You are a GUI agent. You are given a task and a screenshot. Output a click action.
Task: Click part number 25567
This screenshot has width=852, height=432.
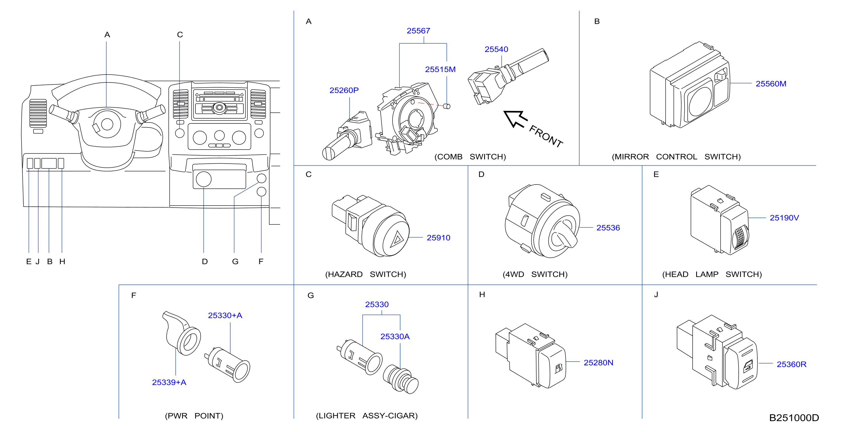pos(418,31)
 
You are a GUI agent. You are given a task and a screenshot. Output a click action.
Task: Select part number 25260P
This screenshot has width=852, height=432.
pos(344,90)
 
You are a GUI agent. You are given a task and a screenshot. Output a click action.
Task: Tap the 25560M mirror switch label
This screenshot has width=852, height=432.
pos(771,84)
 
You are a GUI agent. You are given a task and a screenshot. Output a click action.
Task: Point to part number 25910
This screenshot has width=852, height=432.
pos(438,238)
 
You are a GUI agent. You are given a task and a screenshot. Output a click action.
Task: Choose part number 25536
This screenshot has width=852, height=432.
pos(608,228)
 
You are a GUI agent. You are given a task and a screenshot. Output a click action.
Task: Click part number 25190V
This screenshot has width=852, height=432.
pos(784,218)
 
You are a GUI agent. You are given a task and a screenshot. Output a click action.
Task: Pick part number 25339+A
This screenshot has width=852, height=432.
pos(169,382)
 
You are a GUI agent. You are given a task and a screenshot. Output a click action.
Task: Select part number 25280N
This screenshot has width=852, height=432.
pos(598,363)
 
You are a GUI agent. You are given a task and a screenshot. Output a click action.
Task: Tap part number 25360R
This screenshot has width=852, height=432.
pos(792,364)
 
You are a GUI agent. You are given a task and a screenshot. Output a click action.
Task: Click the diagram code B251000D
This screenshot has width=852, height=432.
pos(794,418)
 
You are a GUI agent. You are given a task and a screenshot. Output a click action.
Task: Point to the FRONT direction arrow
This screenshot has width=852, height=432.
pos(515,119)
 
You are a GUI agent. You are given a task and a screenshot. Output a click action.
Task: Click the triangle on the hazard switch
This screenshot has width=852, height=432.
pos(397,239)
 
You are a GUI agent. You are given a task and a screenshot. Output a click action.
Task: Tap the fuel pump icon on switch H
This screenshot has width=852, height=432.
pos(559,368)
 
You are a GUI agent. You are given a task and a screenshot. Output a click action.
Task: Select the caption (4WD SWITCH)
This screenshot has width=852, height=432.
pos(535,275)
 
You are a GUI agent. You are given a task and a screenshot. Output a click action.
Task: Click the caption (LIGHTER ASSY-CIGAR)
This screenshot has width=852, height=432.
pos(367,416)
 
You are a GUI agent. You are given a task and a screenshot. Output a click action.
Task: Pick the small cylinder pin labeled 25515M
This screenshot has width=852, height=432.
pos(447,106)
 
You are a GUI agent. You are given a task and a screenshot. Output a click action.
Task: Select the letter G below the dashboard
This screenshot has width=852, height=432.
pos(235,261)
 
